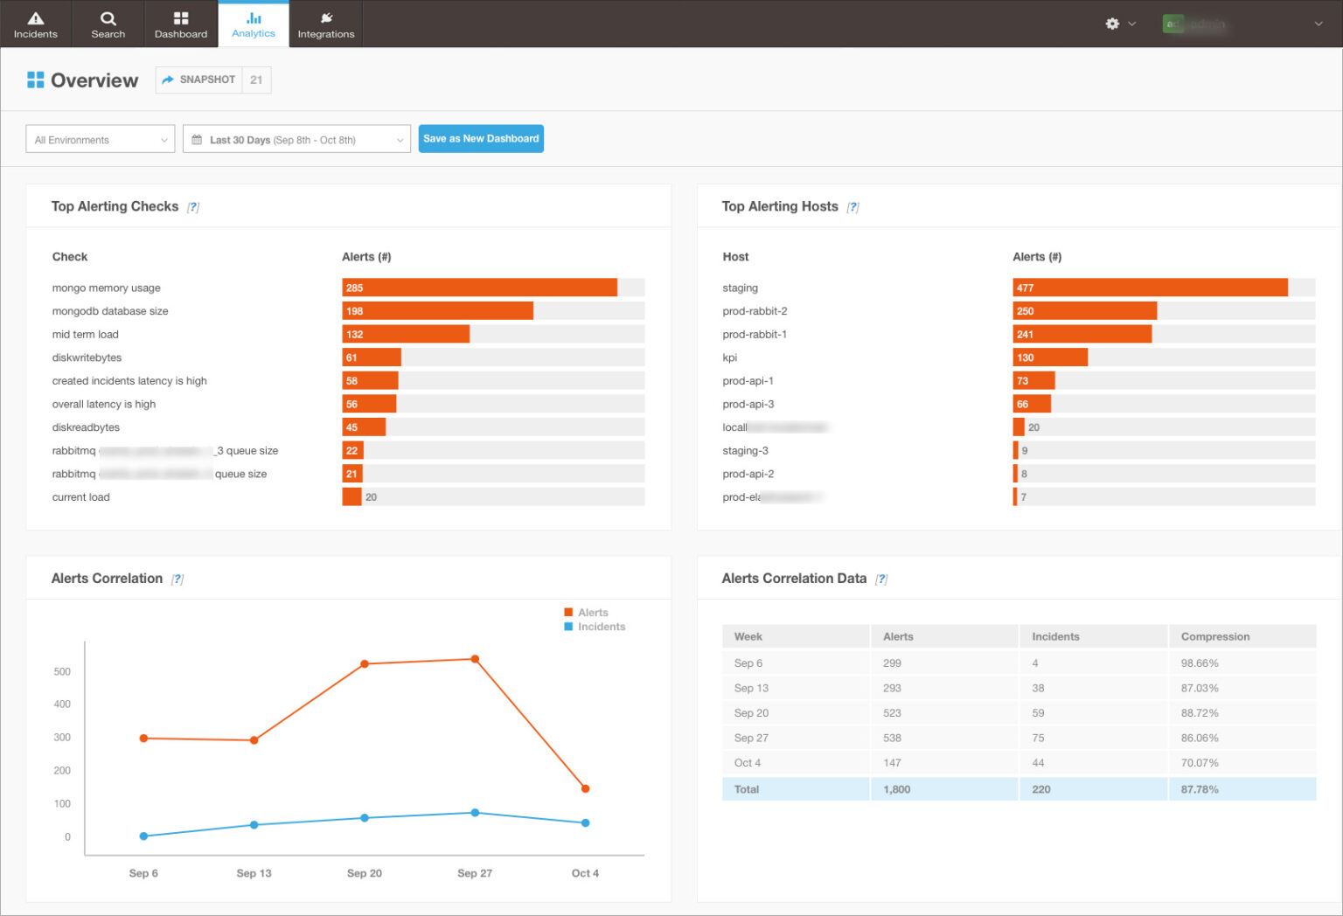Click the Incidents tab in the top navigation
click(35, 24)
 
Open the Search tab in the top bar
click(108, 24)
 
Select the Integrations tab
click(325, 24)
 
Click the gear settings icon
click(1112, 24)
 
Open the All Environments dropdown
click(101, 140)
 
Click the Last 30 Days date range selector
click(296, 140)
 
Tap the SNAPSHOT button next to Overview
click(199, 80)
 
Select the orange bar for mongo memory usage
click(479, 288)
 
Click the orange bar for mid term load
click(406, 334)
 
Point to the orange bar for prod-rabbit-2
click(1084, 311)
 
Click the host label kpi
click(729, 357)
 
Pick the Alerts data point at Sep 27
click(475, 659)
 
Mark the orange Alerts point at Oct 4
click(585, 788)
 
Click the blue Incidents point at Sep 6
click(143, 836)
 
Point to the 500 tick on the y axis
click(62, 671)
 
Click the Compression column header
click(1214, 636)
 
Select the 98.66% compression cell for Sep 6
click(1200, 663)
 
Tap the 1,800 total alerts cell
click(896, 789)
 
